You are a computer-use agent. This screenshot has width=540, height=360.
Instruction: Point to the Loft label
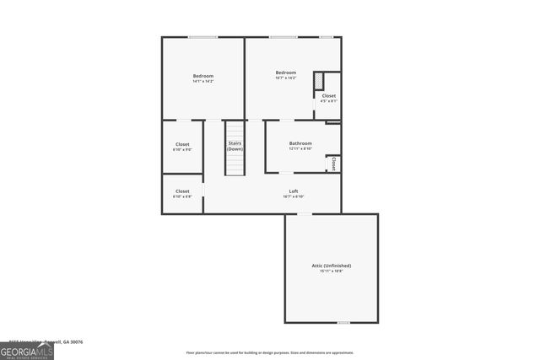[x=294, y=191]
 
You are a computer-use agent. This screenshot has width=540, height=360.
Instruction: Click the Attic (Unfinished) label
[x=331, y=266]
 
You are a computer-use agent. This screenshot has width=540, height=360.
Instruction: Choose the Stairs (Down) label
[x=235, y=146]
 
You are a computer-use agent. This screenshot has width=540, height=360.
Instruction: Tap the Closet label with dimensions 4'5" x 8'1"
[x=329, y=96]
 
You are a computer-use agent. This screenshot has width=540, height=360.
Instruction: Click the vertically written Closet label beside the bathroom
[x=334, y=163]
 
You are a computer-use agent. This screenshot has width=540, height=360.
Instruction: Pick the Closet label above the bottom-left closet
[x=182, y=145]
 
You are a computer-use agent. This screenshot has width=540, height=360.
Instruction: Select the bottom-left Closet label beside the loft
[x=182, y=191]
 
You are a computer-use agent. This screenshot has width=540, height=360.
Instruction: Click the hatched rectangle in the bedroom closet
[x=319, y=81]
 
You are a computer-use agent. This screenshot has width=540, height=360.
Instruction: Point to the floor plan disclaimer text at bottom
[x=270, y=352]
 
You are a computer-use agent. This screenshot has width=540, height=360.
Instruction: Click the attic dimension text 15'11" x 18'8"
[x=331, y=271]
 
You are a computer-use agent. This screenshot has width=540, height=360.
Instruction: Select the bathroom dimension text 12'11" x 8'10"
[x=300, y=149]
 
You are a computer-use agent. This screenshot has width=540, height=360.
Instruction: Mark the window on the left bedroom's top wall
[x=202, y=37]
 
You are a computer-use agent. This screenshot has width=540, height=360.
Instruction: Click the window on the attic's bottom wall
[x=343, y=322]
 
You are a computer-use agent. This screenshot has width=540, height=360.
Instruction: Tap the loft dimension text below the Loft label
[x=294, y=196]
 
